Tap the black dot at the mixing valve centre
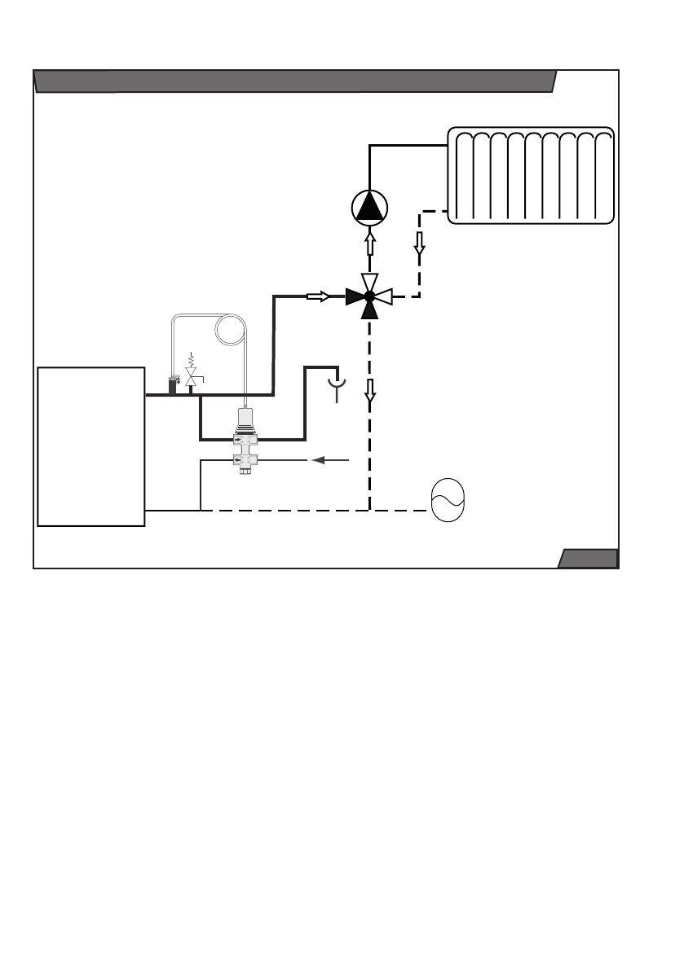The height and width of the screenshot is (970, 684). [x=369, y=296]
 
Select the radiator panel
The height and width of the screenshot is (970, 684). [x=531, y=175]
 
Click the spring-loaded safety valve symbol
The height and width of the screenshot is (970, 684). [x=192, y=375]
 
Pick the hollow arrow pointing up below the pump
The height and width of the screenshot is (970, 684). [x=369, y=244]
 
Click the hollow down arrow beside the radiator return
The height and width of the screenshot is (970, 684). [x=420, y=243]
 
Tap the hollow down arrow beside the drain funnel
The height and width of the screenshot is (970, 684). [x=370, y=393]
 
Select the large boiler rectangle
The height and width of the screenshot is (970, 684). [x=91, y=446]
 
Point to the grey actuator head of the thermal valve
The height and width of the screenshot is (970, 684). [x=244, y=420]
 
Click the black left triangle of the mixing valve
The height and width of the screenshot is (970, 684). [x=355, y=296]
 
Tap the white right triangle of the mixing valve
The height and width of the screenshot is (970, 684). [x=384, y=296]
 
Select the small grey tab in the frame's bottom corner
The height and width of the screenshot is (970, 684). [x=587, y=558]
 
